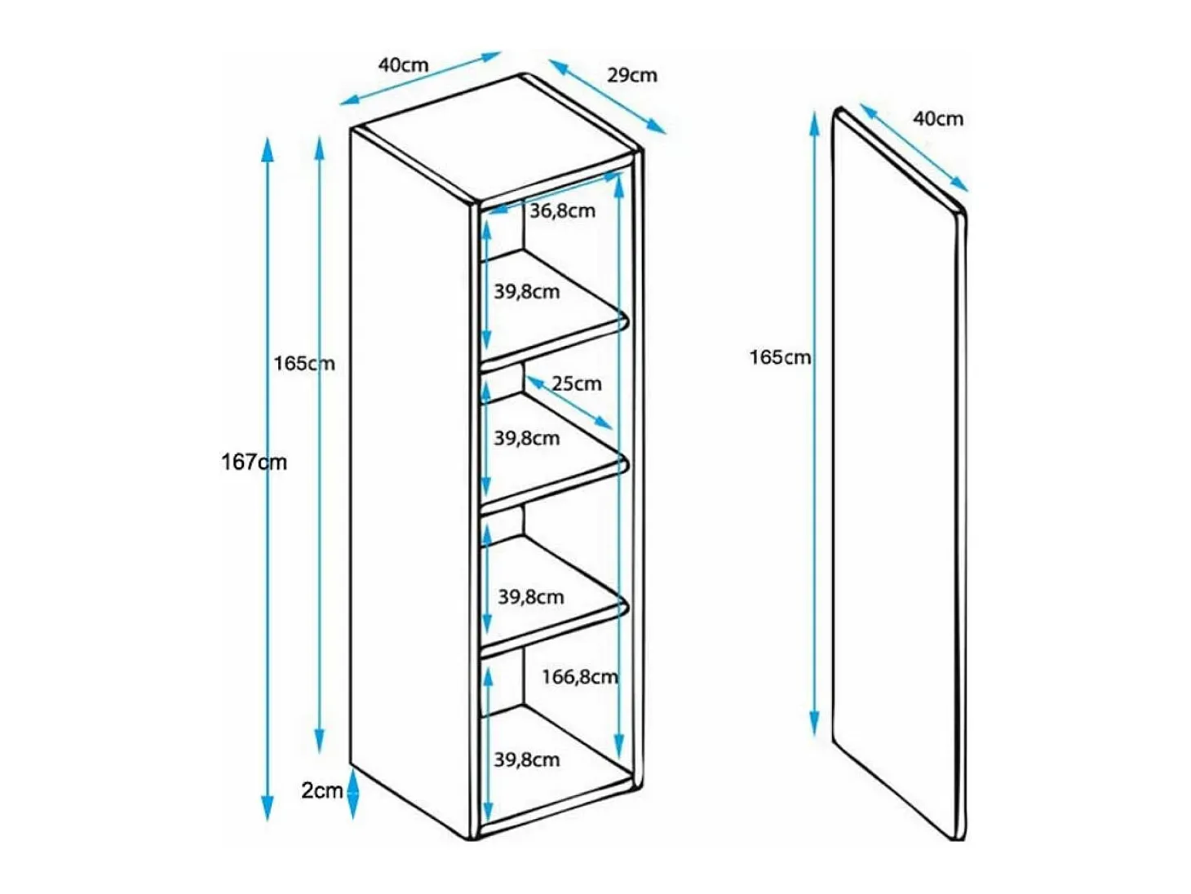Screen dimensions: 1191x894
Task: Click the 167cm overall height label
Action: coord(254,462)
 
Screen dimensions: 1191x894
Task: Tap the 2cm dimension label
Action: coord(321,791)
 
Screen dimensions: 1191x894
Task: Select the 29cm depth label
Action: coord(631,75)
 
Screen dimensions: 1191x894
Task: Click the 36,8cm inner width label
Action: coord(562,210)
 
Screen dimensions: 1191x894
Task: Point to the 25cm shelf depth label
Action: coord(577,384)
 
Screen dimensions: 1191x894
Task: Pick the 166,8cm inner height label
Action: coord(579,676)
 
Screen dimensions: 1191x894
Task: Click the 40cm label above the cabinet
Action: coord(403,65)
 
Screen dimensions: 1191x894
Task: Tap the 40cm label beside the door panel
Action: coord(937,119)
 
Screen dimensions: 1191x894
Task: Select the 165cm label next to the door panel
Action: coord(780,357)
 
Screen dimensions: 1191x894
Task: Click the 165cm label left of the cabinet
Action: coord(304,364)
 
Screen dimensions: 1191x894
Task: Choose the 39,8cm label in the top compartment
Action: coord(526,292)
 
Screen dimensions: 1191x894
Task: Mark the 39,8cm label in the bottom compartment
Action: coord(526,760)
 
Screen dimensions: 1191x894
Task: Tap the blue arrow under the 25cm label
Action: coord(569,403)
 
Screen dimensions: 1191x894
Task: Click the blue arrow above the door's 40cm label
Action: coord(914,148)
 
